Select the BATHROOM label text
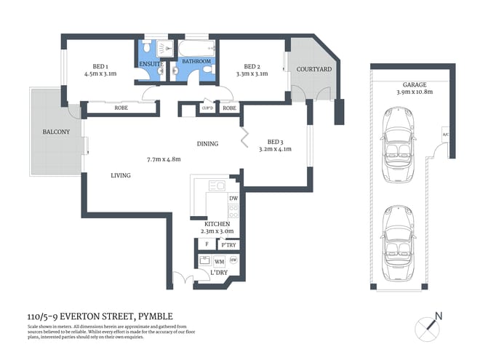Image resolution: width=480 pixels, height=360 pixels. pyautogui.click(x=196, y=62)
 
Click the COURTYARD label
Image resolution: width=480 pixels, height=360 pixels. pyautogui.click(x=314, y=69)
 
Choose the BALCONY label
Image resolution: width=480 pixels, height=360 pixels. pyautogui.click(x=56, y=132)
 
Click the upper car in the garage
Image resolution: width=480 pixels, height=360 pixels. pyautogui.click(x=399, y=136)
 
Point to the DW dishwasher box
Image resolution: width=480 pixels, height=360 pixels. pyautogui.click(x=233, y=199)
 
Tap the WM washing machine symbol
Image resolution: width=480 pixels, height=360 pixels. pyautogui.click(x=219, y=261)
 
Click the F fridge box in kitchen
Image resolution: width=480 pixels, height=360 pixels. pyautogui.click(x=207, y=245)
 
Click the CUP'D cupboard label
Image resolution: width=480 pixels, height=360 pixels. pyautogui.click(x=207, y=108)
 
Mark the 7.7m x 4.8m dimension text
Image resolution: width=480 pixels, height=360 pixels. pyautogui.click(x=163, y=159)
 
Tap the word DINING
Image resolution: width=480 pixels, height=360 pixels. pyautogui.click(x=207, y=144)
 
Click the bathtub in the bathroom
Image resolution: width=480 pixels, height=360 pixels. pyautogui.click(x=196, y=49)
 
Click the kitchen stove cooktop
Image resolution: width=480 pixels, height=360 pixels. pyautogui.click(x=233, y=212)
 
